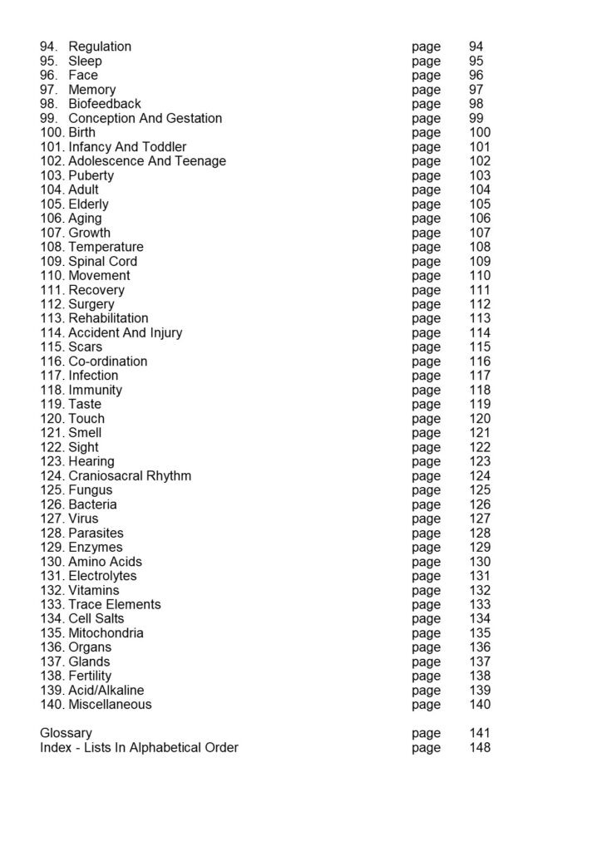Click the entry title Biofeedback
click(x=105, y=104)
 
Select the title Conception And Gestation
click(x=145, y=118)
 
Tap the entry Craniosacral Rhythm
click(x=130, y=476)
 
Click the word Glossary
click(x=66, y=733)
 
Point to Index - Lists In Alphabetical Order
click(x=139, y=747)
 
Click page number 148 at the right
click(x=480, y=747)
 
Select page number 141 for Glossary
click(x=480, y=733)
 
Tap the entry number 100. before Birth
click(x=52, y=132)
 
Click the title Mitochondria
click(x=106, y=633)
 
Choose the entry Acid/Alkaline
click(x=106, y=691)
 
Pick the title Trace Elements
click(x=115, y=604)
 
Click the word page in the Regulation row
click(x=427, y=47)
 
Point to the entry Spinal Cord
click(x=103, y=261)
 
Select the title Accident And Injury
click(x=126, y=332)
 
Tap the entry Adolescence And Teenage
click(x=147, y=161)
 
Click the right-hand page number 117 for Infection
click(x=480, y=376)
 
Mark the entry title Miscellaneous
click(x=110, y=705)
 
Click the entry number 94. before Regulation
click(x=49, y=47)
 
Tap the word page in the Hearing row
click(x=427, y=461)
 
